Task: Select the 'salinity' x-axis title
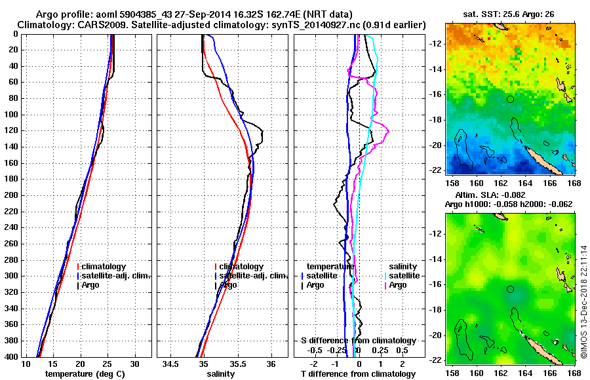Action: (x=221, y=374)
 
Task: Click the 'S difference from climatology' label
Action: (x=359, y=341)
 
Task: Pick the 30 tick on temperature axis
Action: (x=134, y=364)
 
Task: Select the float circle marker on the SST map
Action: (x=511, y=99)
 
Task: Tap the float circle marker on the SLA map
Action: (x=511, y=289)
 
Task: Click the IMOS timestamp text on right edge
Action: (x=584, y=301)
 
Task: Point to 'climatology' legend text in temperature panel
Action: (x=104, y=267)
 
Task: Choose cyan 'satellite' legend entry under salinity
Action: (x=403, y=276)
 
